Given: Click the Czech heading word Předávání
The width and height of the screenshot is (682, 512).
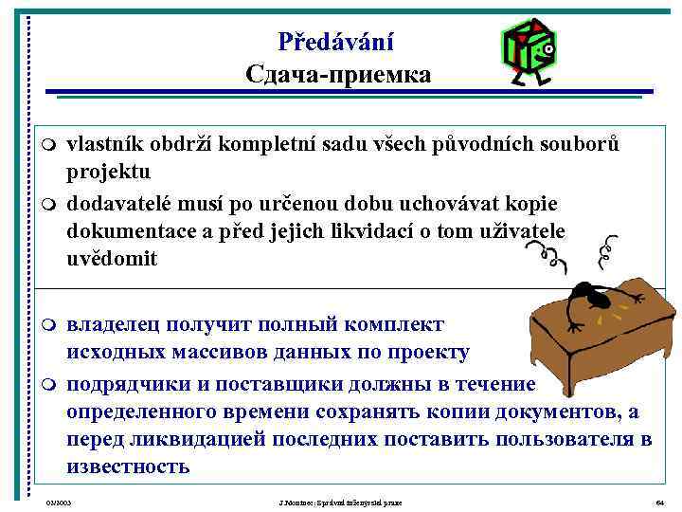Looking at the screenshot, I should [x=336, y=42].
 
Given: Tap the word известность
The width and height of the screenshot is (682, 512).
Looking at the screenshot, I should [x=128, y=466].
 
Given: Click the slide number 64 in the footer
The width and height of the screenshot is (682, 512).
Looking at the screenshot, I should [x=659, y=500].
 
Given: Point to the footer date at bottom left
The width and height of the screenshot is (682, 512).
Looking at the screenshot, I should [x=59, y=500].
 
